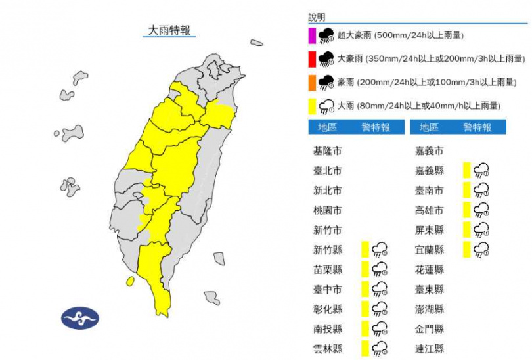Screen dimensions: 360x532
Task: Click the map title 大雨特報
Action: coord(169,30)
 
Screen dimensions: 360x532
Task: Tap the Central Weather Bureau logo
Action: coord(80,319)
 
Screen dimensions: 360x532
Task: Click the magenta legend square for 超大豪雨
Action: coord(312,35)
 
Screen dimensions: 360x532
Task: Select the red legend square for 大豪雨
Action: coord(312,59)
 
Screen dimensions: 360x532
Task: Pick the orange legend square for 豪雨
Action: coord(312,82)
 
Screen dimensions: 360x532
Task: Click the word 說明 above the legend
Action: coord(317,18)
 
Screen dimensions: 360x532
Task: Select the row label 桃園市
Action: coord(327,211)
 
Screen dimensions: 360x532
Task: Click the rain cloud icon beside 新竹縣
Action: coord(380,250)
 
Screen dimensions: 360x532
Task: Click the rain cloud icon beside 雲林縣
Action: coord(380,348)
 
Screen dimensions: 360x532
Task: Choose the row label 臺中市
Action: coord(327,289)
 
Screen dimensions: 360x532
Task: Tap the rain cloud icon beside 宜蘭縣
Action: coord(481,250)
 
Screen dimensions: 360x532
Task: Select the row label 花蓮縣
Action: coord(430,269)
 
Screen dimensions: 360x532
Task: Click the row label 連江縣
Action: coord(430,348)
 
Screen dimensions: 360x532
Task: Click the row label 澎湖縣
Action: coord(430,309)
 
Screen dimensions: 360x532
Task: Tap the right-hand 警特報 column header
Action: coord(477,127)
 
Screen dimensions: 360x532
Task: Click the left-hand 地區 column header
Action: coord(327,127)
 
